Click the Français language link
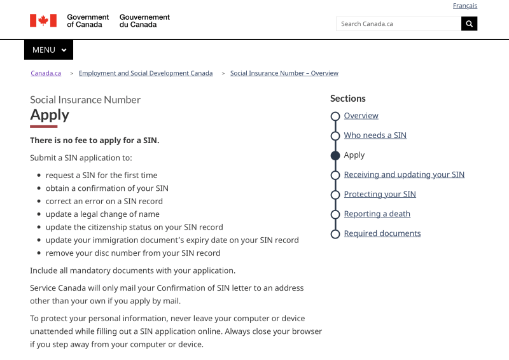click(x=464, y=6)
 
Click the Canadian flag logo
click(x=43, y=20)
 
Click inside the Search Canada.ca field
click(x=398, y=24)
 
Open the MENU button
click(x=48, y=50)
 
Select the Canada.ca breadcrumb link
click(x=46, y=73)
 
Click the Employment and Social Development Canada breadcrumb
click(x=146, y=73)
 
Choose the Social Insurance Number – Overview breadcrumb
click(x=284, y=73)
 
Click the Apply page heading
click(x=50, y=114)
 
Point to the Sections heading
click(x=347, y=99)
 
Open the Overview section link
click(x=361, y=116)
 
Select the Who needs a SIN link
click(x=375, y=135)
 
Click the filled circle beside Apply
click(x=335, y=155)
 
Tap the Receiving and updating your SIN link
click(x=404, y=175)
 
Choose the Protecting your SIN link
click(x=380, y=195)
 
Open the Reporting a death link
click(x=377, y=214)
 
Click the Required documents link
click(x=382, y=234)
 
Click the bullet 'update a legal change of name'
click(x=102, y=214)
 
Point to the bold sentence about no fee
click(x=94, y=141)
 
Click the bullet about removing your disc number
click(x=132, y=253)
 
